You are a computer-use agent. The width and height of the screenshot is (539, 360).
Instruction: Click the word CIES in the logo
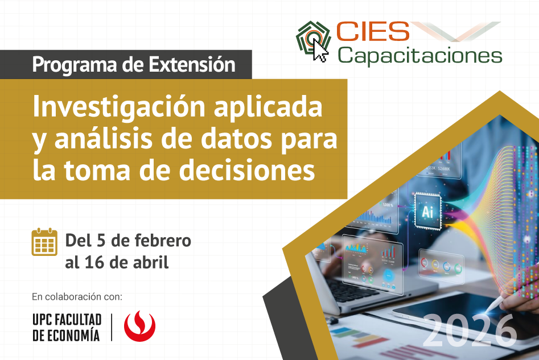coord(371,32)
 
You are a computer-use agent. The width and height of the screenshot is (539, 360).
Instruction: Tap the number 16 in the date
coord(94,262)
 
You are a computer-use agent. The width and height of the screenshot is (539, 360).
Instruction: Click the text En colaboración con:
coord(77,296)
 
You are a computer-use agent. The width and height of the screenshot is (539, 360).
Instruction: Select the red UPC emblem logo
coord(137,326)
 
